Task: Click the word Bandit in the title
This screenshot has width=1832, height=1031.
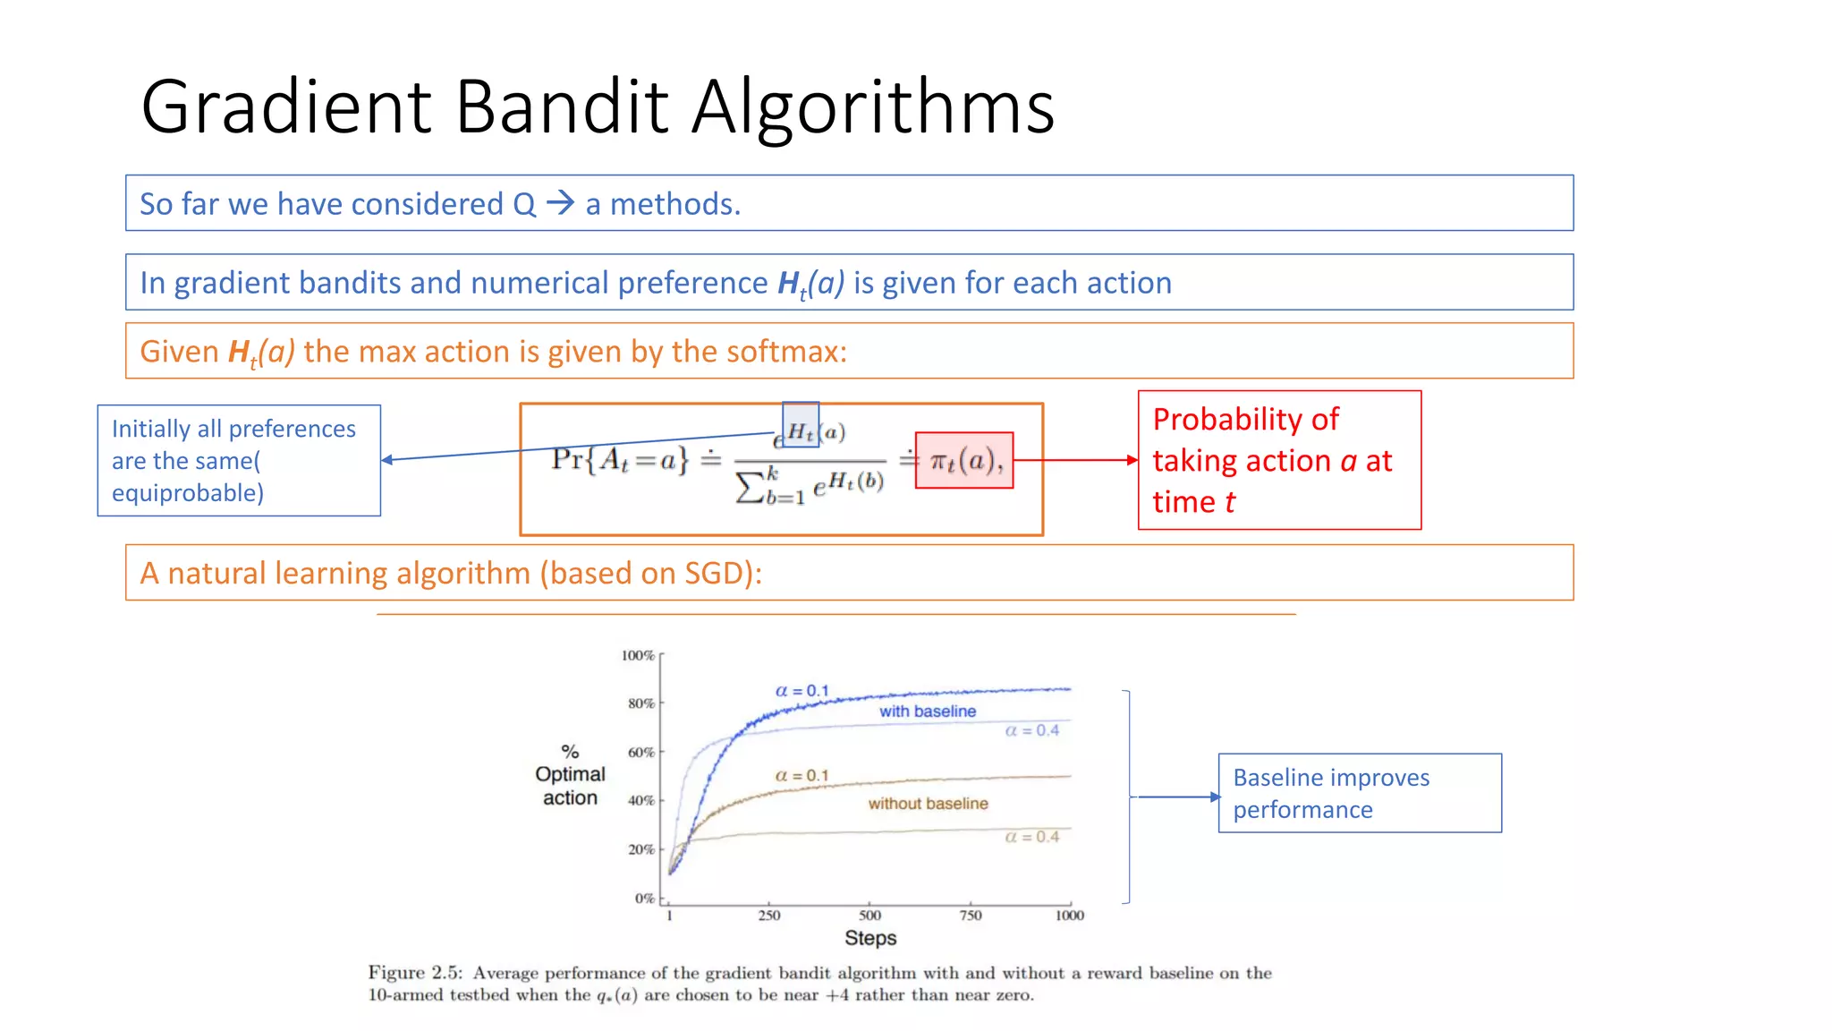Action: (x=562, y=107)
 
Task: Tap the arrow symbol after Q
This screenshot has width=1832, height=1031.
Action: (x=561, y=203)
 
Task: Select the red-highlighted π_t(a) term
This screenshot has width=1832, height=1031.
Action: (x=964, y=461)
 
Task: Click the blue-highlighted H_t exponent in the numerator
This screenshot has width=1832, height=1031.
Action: (x=801, y=430)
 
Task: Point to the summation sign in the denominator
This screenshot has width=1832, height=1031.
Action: (x=749, y=486)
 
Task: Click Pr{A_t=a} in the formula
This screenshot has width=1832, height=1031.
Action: (x=620, y=460)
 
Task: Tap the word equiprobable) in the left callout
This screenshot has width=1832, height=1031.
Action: (x=188, y=493)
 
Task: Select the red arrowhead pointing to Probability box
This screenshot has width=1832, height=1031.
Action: (x=1132, y=460)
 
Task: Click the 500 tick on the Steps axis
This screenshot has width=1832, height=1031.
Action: (x=869, y=915)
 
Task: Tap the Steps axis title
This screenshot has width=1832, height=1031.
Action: (x=870, y=938)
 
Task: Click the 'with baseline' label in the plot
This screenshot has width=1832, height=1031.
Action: (x=927, y=711)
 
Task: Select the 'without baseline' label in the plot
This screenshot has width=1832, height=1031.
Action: (x=928, y=804)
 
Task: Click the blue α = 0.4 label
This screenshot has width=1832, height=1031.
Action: (x=1031, y=730)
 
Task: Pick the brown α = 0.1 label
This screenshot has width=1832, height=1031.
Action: (x=801, y=775)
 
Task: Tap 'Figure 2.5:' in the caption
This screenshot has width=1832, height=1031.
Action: (x=415, y=973)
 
